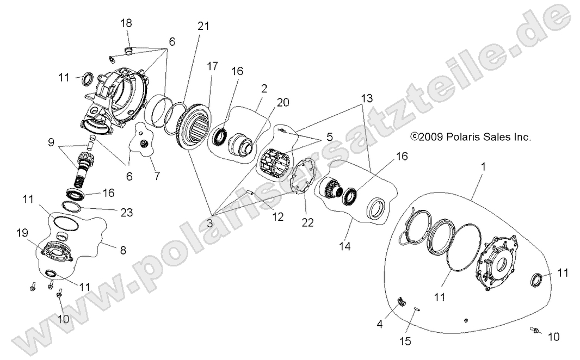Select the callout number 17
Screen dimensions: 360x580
tap(212, 66)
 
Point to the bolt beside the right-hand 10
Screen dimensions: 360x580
tap(535, 330)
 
